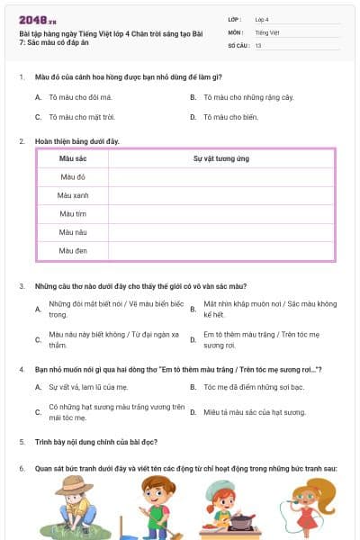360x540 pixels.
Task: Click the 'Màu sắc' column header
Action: [x=71, y=158]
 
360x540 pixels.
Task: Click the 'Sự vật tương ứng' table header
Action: [x=220, y=158]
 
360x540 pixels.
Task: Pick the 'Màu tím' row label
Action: [x=71, y=214]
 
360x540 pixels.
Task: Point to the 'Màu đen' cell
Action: [x=71, y=250]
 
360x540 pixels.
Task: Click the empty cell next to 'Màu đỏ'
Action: [x=220, y=177]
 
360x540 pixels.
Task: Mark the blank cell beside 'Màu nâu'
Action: [x=220, y=232]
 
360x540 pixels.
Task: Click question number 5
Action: [x=21, y=442]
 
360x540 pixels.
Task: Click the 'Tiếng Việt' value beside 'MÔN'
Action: [x=266, y=31]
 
